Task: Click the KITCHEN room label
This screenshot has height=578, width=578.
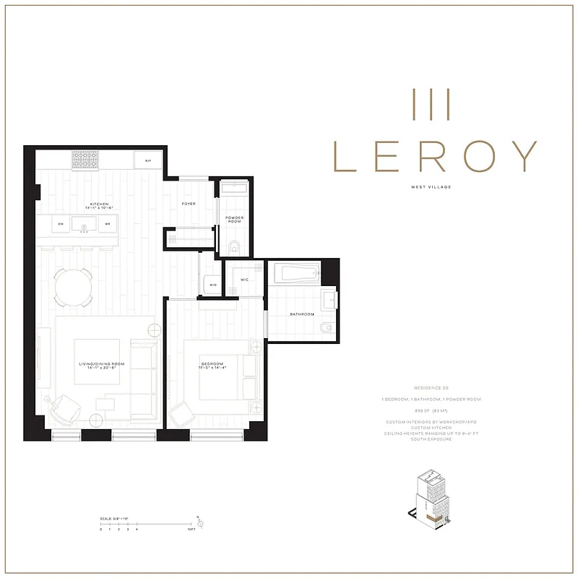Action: [99, 204]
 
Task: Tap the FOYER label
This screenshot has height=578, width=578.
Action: [189, 204]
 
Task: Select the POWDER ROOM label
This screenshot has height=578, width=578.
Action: [234, 219]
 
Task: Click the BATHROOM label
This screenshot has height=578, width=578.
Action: [302, 314]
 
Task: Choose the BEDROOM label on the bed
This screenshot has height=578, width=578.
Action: [212, 365]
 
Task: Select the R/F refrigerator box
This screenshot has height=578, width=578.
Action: [147, 160]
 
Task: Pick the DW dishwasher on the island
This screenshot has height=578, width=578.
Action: [61, 224]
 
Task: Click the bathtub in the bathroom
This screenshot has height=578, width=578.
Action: [296, 274]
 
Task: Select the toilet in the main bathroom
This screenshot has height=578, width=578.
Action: [326, 329]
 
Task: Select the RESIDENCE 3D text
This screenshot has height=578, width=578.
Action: [432, 387]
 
